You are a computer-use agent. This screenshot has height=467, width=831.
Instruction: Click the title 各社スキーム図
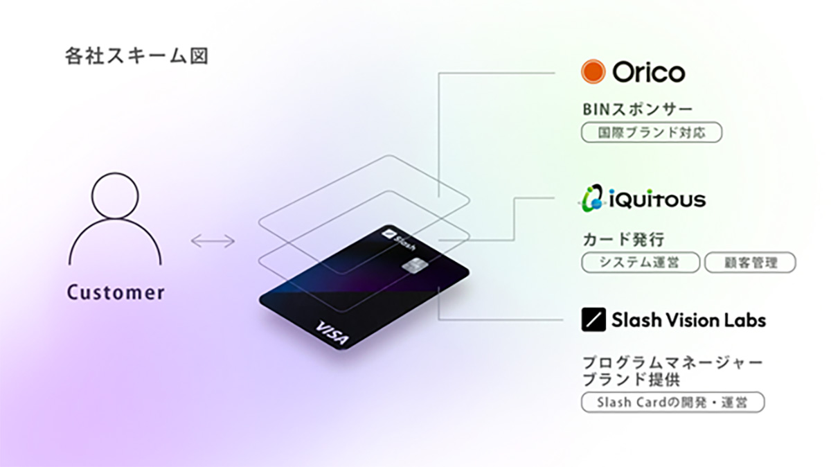pyautogui.click(x=136, y=56)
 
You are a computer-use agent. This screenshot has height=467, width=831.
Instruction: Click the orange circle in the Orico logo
pyautogui.click(x=593, y=71)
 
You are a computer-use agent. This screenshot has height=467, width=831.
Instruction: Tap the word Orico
pyautogui.click(x=648, y=72)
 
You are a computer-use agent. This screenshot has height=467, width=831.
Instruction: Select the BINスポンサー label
pyautogui.click(x=637, y=109)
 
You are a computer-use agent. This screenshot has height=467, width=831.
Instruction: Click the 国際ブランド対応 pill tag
pyautogui.click(x=652, y=132)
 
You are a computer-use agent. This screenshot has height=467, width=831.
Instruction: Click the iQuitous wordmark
pyautogui.click(x=657, y=200)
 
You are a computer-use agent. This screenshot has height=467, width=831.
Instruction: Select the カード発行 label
pyautogui.click(x=623, y=240)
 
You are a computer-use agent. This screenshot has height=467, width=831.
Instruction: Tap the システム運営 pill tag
pyautogui.click(x=641, y=263)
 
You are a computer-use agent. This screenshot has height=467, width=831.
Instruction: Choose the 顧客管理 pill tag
pyautogui.click(x=750, y=263)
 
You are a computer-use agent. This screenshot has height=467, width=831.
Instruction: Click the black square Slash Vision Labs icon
pyautogui.click(x=593, y=319)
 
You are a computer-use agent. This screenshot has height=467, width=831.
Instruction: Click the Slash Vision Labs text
pyautogui.click(x=688, y=320)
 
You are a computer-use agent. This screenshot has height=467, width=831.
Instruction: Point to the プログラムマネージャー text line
pyautogui.click(x=672, y=362)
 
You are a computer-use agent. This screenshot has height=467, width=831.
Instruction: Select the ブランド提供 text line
pyautogui.click(x=632, y=380)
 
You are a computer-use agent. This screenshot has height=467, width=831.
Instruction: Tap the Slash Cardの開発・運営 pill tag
pyautogui.click(x=673, y=403)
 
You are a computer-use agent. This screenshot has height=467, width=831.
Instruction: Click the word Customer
pyautogui.click(x=116, y=292)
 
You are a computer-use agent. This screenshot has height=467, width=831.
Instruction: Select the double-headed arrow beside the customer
pyautogui.click(x=213, y=241)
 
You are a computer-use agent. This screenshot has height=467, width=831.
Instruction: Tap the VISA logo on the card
pyautogui.click(x=332, y=333)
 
